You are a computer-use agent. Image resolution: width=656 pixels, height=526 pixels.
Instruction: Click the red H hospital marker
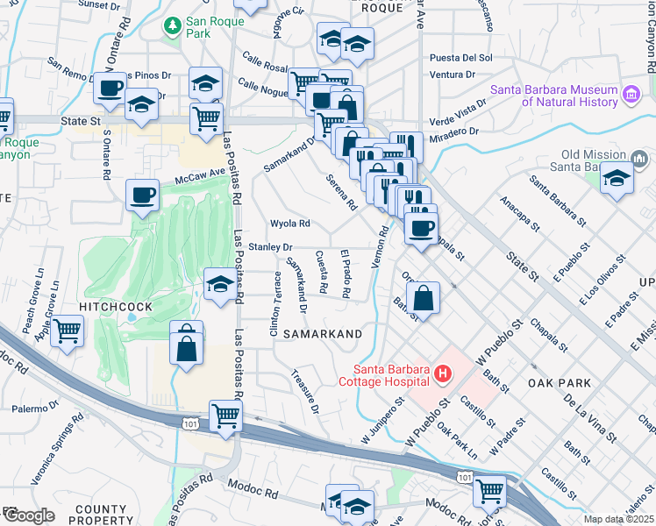(x=442, y=374)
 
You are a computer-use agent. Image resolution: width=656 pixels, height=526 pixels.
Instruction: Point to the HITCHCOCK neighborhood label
(x=117, y=306)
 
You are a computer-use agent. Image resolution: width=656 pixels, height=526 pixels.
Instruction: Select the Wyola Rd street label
(x=290, y=224)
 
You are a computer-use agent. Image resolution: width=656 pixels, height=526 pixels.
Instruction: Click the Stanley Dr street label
(x=269, y=247)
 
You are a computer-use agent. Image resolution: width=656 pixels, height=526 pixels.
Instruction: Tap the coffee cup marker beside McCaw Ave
(x=142, y=195)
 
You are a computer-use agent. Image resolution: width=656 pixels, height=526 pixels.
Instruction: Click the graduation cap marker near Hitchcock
(x=219, y=283)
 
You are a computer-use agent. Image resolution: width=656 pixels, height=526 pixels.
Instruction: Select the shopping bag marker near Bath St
(x=424, y=296)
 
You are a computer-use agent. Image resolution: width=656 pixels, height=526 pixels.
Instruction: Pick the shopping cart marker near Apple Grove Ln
(x=68, y=332)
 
